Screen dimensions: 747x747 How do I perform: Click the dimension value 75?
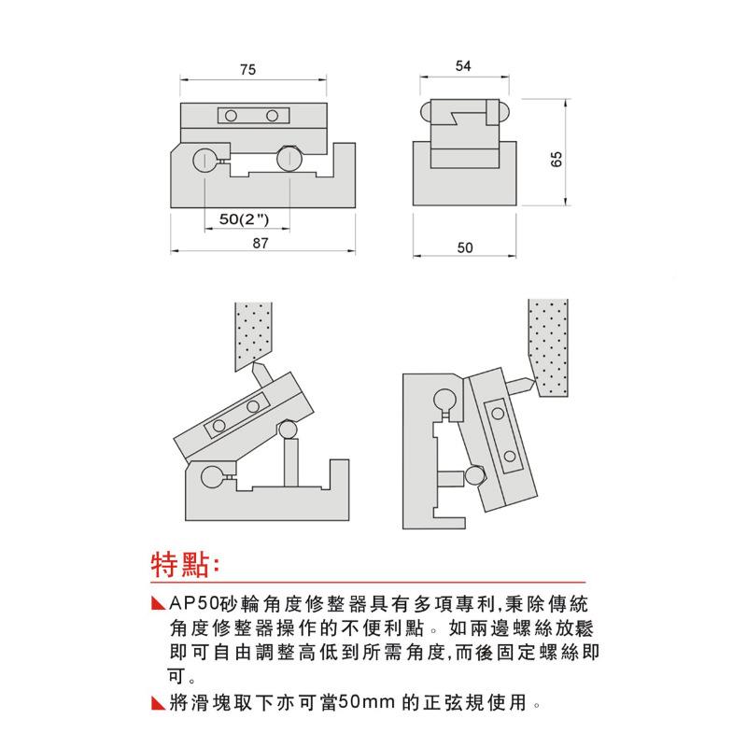pyautogui.click(x=247, y=70)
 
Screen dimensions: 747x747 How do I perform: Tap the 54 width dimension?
pyautogui.click(x=463, y=65)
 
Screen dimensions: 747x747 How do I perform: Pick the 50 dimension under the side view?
pyautogui.click(x=466, y=247)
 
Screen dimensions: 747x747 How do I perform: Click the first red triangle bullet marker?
pyautogui.click(x=157, y=604)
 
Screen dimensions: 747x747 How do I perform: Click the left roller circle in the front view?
pyautogui.click(x=205, y=160)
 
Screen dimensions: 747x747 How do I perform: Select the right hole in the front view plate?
pyautogui.click(x=272, y=116)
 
